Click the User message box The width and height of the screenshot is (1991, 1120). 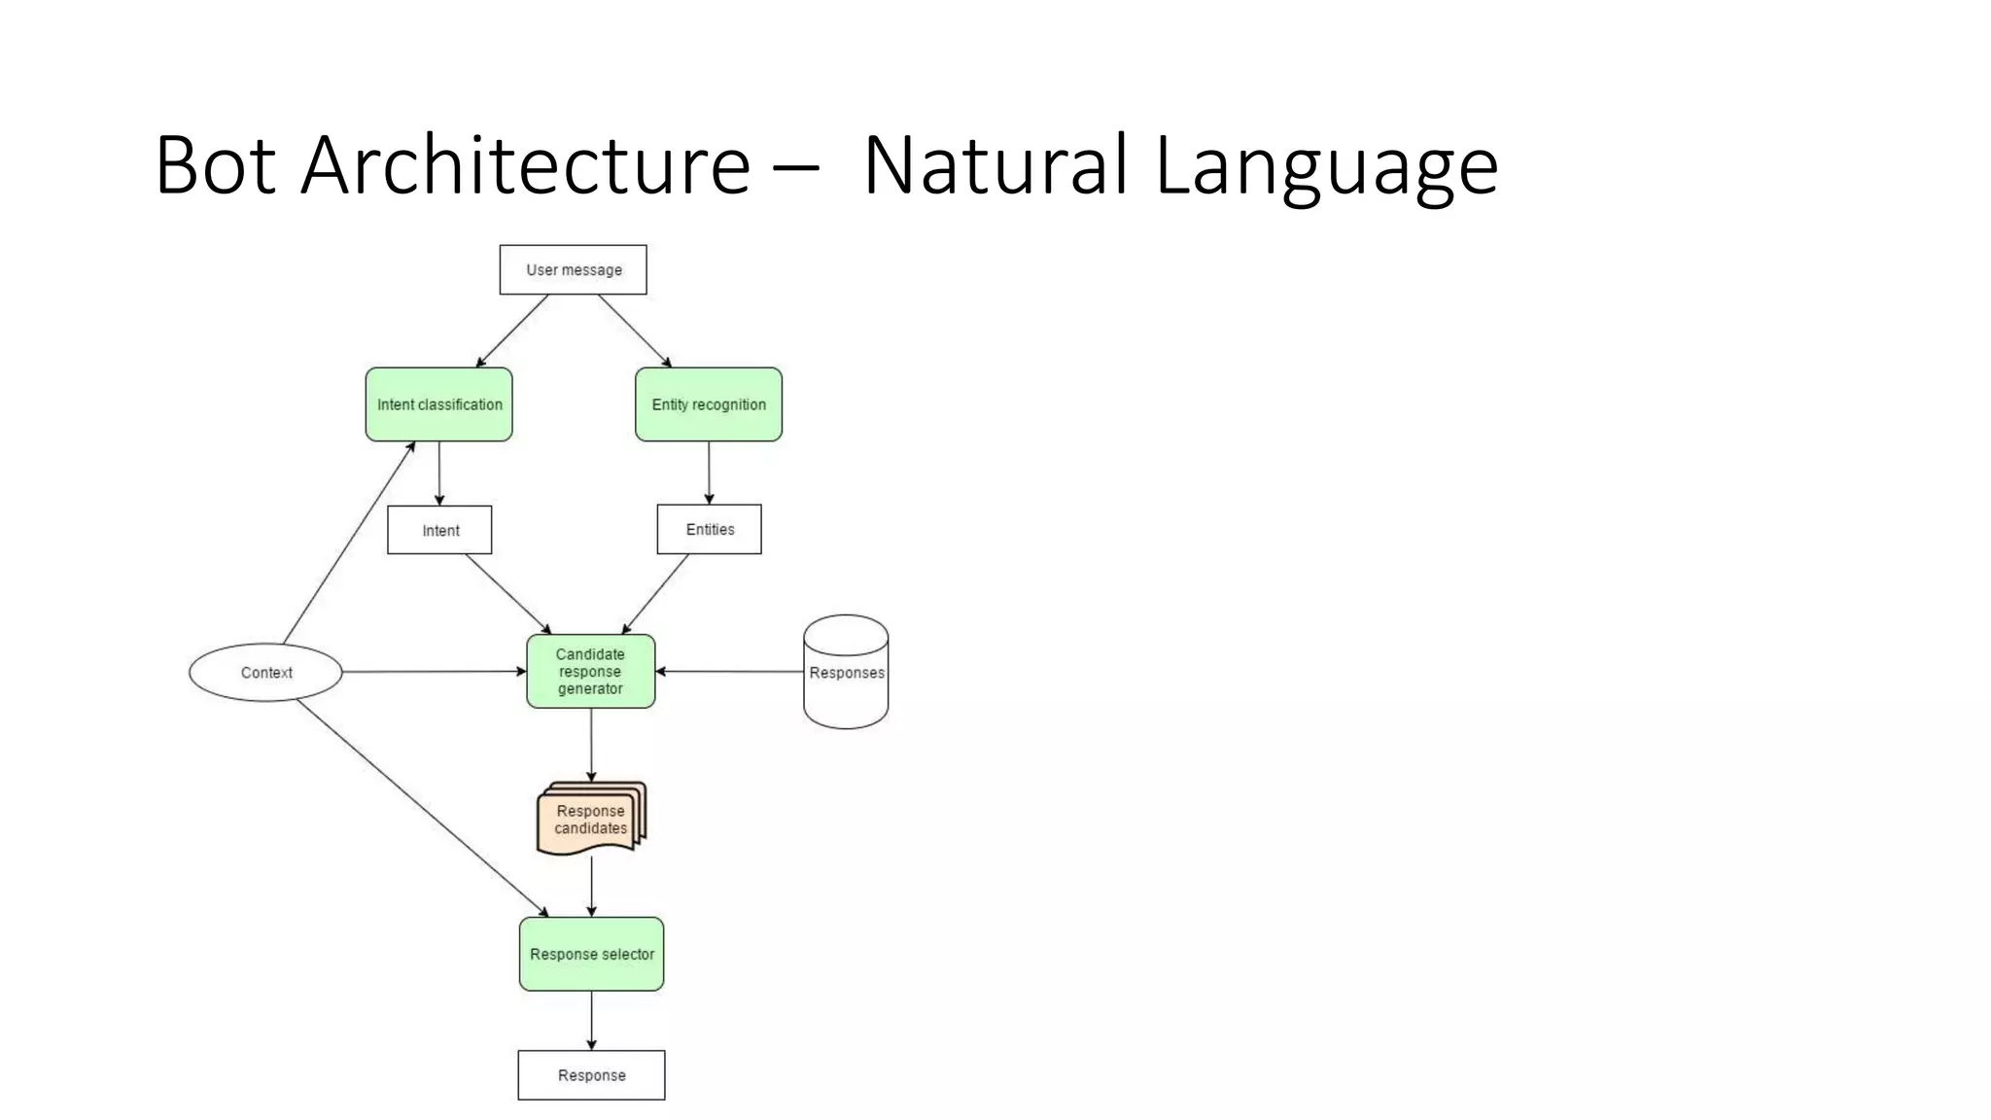pos(573,269)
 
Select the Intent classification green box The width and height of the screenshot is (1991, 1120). pos(438,404)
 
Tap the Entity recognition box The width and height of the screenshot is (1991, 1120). pos(708,404)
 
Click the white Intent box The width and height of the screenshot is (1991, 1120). pos(439,530)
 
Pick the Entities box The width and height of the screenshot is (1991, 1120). pos(709,529)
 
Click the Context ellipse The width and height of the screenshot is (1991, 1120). pos(265,672)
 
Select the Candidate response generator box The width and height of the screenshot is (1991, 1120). pos(590,671)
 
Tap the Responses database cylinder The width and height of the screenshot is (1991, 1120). pos(846,672)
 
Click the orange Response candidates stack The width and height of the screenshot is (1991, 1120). pos(590,820)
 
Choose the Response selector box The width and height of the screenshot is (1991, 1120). pos(591,954)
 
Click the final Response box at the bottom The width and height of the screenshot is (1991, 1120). pos(591,1074)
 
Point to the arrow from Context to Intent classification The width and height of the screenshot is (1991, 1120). pos(349,542)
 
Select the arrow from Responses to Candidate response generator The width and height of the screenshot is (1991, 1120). pos(729,671)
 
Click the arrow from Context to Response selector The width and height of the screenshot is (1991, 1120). pos(422,808)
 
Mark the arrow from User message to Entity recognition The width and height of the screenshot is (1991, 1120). pos(634,331)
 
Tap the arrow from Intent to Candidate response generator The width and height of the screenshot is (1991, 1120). pos(507,593)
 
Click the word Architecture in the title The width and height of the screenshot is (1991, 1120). pos(525,165)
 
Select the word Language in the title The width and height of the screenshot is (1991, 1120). pos(1326,165)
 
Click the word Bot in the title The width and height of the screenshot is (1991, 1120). pos(215,165)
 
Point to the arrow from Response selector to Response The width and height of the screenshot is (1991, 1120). pos(591,1020)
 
